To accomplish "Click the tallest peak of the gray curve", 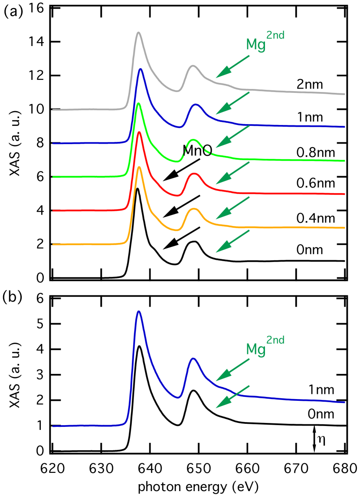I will click(138, 32).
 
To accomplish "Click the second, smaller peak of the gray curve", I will click(193, 66).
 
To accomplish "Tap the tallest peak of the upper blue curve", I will click(140, 69).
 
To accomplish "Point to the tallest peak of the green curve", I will click(138, 103).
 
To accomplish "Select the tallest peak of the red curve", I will click(139, 131).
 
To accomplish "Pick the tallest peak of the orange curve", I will click(139, 167).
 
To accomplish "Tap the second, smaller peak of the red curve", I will click(194, 174).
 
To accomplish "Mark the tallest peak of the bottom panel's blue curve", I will click(138, 311).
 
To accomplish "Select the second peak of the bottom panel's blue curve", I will click(193, 358).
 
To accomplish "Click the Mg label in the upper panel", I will click(255, 45).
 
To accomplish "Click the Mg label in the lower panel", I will click(255, 349).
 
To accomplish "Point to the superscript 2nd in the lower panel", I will click(275, 340).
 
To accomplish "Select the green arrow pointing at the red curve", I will click(232, 172).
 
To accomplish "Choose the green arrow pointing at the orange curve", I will click(232, 207).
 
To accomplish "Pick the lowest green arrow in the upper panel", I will click(232, 241).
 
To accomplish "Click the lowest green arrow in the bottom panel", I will click(232, 397).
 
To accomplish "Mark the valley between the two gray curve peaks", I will click(177, 91).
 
